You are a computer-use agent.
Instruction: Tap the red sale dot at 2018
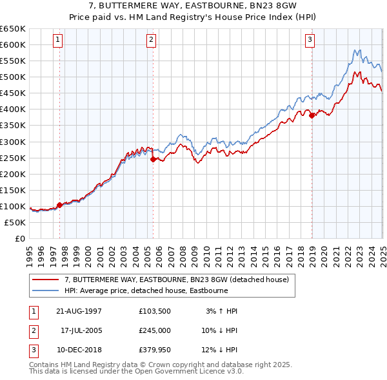coord(312,116)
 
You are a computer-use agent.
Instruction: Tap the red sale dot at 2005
coord(153,159)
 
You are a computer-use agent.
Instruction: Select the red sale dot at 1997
coord(60,205)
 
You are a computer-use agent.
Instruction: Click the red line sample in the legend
coord(45,280)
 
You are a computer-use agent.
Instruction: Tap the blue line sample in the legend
coord(45,290)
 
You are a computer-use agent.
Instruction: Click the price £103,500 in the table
coord(154,311)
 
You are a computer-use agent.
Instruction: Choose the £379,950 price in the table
coord(154,350)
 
